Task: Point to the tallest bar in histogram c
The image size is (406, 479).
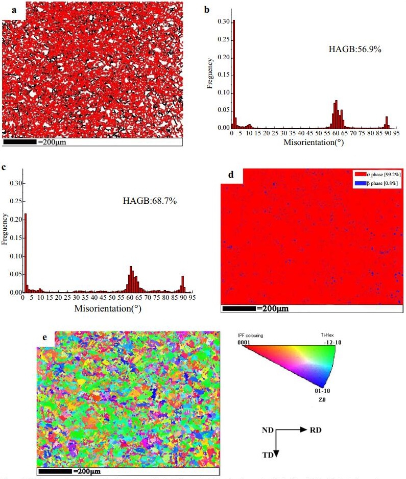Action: pos(25,253)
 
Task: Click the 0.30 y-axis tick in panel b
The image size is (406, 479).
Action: pos(223,22)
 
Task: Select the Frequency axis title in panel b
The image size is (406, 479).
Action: pos(210,75)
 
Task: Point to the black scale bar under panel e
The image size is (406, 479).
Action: pos(55,470)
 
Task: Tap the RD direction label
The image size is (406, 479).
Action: pos(316,430)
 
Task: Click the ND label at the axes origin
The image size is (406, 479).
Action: pos(267,430)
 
